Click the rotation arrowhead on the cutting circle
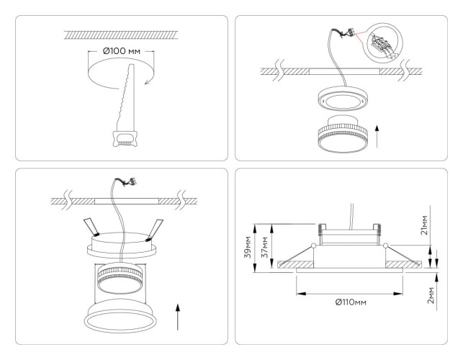click(147, 81)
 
